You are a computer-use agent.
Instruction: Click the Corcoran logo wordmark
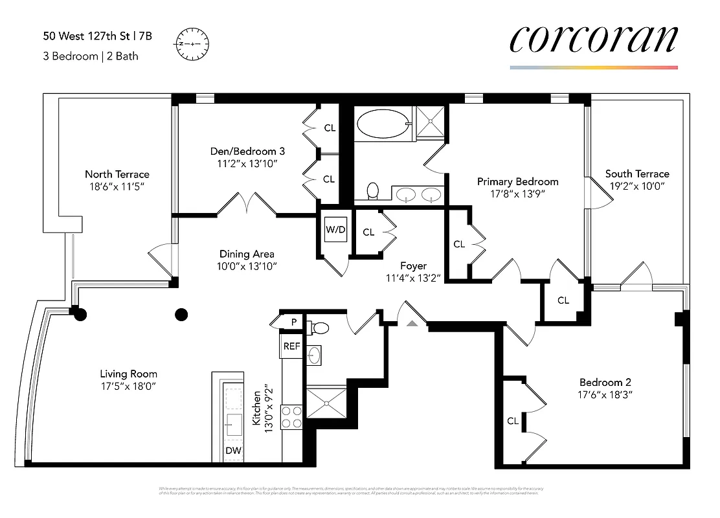[x=593, y=40]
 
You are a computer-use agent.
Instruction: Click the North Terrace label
[x=117, y=174]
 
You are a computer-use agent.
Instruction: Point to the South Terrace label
[x=637, y=174]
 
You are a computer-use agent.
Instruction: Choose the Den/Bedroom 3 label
[x=247, y=152]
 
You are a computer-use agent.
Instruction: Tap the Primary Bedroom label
[x=517, y=181]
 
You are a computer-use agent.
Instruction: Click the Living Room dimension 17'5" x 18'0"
[x=128, y=387]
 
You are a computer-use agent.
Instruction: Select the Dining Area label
[x=247, y=254]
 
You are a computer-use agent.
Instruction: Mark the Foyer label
[x=413, y=266]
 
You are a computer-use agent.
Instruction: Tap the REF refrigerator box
[x=291, y=346]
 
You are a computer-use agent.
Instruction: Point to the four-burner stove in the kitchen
[x=291, y=416]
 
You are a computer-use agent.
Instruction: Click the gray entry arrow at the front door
[x=412, y=322]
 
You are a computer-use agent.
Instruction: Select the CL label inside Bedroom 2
[x=513, y=421]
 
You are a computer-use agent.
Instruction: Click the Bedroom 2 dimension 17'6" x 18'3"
[x=605, y=394]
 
